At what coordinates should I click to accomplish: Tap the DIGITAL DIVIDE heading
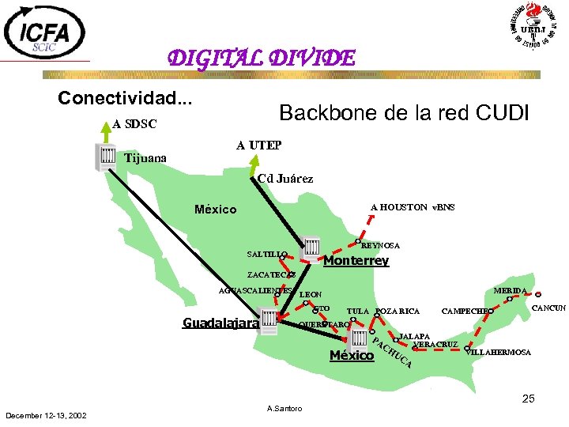pyautogui.click(x=261, y=59)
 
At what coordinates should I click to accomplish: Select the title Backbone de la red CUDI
pyautogui.click(x=404, y=113)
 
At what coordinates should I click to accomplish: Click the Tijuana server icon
pyautogui.click(x=106, y=157)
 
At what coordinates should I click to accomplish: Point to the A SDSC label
pyautogui.click(x=134, y=124)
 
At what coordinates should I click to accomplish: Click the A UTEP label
pyautogui.click(x=258, y=145)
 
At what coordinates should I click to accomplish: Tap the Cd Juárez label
pyautogui.click(x=285, y=179)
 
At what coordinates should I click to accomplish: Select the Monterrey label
pyautogui.click(x=356, y=261)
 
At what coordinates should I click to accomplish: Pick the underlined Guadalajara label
pyautogui.click(x=220, y=323)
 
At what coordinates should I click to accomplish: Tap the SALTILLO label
pyautogui.click(x=265, y=255)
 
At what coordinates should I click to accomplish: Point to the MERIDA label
pyautogui.click(x=510, y=291)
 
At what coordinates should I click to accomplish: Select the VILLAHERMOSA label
pyautogui.click(x=499, y=352)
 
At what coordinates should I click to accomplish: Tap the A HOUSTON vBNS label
pyautogui.click(x=413, y=207)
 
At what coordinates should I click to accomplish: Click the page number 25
pyautogui.click(x=528, y=399)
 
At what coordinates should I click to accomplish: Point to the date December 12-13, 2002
pyautogui.click(x=47, y=415)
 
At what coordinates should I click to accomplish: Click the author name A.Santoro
pyautogui.click(x=285, y=408)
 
